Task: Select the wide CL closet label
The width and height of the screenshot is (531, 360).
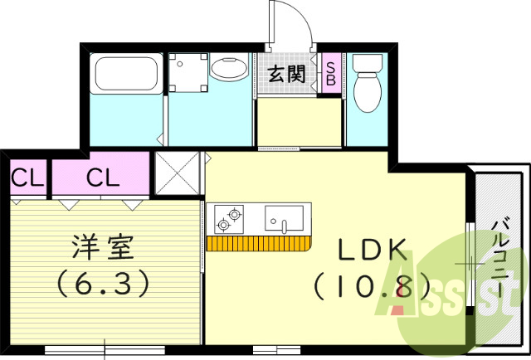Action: (104, 177)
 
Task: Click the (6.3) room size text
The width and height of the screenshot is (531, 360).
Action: (103, 284)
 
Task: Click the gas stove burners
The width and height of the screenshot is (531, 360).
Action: (228, 219)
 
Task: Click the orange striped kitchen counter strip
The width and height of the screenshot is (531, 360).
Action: (258, 243)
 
